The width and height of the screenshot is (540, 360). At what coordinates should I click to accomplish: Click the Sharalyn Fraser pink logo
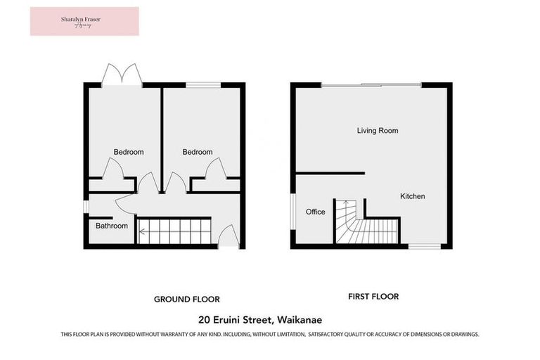(84, 21)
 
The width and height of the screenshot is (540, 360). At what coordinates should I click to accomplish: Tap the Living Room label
(378, 131)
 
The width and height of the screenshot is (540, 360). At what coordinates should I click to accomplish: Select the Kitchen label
(413, 196)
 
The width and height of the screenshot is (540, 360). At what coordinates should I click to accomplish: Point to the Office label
(316, 212)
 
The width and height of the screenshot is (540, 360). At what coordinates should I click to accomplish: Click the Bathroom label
(112, 226)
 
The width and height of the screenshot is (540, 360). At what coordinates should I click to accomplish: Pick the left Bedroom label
(129, 152)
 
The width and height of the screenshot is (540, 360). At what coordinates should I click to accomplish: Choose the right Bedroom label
(198, 152)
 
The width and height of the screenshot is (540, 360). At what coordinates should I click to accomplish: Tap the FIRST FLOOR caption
(373, 297)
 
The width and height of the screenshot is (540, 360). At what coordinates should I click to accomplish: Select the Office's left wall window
(293, 210)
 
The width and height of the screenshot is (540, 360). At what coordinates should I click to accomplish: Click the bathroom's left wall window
(85, 206)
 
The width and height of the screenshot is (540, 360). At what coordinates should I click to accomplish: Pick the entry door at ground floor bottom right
(229, 237)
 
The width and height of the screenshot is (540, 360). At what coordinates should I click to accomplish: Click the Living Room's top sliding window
(371, 85)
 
